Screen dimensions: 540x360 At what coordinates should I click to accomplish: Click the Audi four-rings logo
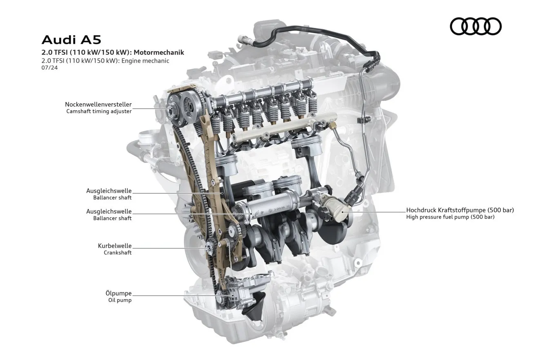coord(475,26)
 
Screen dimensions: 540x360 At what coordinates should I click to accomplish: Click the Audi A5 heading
coord(71,40)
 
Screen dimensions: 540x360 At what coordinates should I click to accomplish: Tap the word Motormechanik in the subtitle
coord(159,53)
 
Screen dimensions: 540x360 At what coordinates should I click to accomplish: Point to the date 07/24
coord(49,68)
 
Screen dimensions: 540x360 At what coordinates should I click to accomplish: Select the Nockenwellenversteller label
coord(98,105)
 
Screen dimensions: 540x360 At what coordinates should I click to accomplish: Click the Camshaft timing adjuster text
coord(99,112)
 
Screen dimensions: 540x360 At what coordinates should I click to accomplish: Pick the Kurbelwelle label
coord(115,246)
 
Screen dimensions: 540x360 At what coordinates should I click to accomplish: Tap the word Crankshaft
coord(118,253)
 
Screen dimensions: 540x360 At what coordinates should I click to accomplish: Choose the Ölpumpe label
coord(118,293)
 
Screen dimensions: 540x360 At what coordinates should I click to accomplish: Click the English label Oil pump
coord(120,300)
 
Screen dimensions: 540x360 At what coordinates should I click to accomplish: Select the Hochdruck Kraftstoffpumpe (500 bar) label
coord(460,210)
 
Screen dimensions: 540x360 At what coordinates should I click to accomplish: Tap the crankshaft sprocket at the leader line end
coord(209,248)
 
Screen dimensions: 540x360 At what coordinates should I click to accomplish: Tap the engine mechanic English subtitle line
coord(105,61)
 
